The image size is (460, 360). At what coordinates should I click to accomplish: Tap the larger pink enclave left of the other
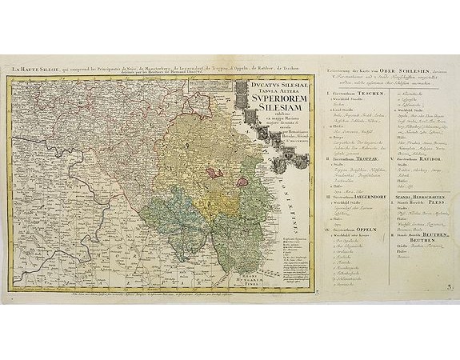pos(214,170)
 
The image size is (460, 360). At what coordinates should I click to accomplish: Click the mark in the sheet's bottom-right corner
pos(449,279)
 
